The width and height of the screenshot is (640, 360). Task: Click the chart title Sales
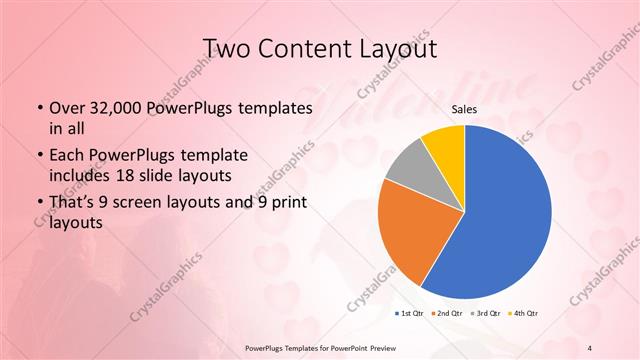coord(464,110)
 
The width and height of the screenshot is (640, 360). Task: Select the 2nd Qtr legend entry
coord(446,313)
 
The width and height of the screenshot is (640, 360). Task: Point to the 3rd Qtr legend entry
coord(486,313)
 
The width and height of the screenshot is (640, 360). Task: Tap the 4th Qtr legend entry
coord(523,313)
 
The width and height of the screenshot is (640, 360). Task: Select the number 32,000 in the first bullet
coord(108,107)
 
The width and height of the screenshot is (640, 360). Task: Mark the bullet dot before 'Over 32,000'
coord(37,107)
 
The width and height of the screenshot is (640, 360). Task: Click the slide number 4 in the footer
coord(591,346)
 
